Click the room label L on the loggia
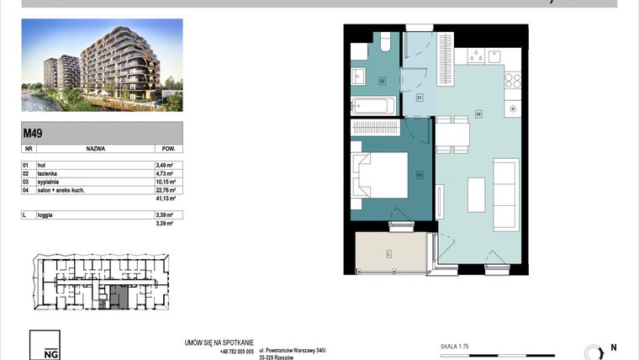coord(388,253)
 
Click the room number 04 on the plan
coord(478,114)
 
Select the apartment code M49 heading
coord(33,130)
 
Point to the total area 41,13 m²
coord(165,199)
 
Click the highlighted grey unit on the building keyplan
coord(116,296)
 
